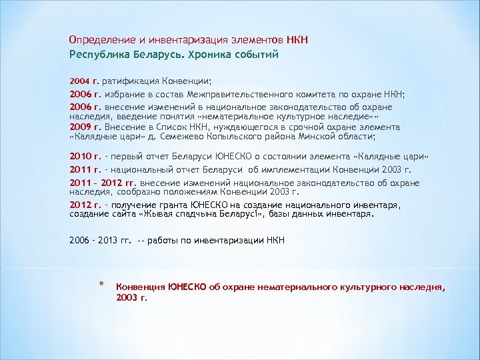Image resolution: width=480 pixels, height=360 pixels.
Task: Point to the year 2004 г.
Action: [83, 81]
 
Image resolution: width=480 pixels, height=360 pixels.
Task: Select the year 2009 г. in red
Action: [85, 127]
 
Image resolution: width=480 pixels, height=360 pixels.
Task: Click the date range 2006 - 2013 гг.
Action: [101, 240]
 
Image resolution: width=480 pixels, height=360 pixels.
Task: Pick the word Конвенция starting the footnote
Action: [141, 287]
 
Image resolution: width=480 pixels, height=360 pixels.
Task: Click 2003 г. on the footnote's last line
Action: [131, 297]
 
